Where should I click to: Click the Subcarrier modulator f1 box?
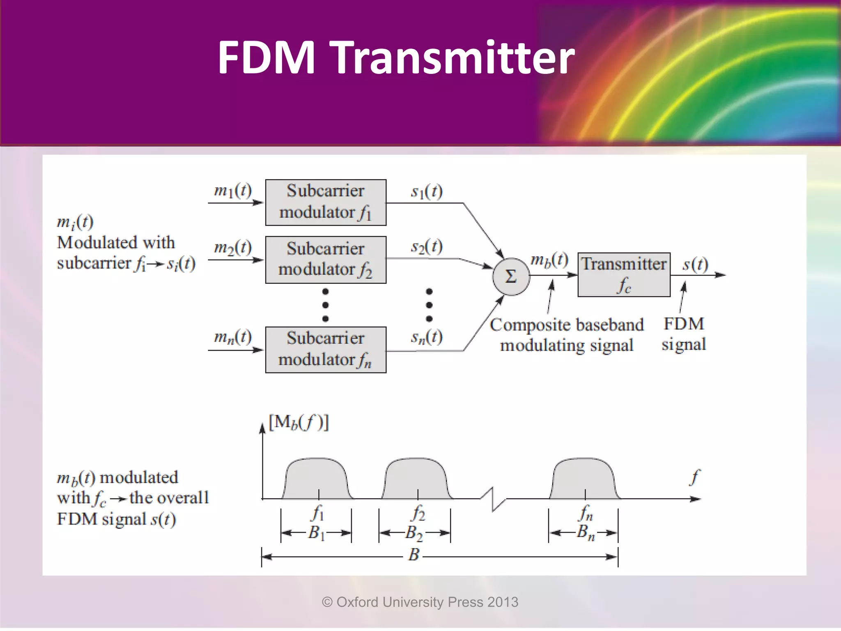pos(326,202)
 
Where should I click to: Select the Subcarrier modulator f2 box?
pos(326,259)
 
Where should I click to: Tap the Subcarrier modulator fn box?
pos(326,350)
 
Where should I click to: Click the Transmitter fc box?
pos(624,274)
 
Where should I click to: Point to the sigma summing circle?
pos(511,276)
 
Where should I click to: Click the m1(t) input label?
pos(233,191)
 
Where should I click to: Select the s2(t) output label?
pos(427,246)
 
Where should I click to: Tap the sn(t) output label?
pos(427,337)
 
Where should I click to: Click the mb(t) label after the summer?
pos(549,260)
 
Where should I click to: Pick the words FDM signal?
pos(684,334)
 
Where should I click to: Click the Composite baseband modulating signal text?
pos(567,335)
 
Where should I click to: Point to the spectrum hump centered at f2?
pos(417,479)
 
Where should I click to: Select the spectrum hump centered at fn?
pos(584,479)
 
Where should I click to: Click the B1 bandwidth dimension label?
pos(316,533)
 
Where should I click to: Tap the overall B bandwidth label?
pos(414,555)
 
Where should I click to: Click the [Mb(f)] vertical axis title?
pos(299,422)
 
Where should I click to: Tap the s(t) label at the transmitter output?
pos(695,264)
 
